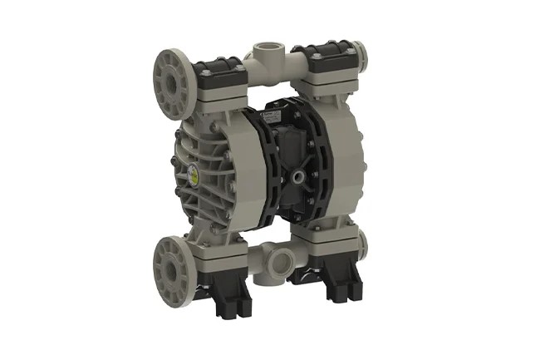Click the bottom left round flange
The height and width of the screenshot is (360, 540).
click(x=172, y=265)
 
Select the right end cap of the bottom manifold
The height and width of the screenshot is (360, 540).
click(x=364, y=242)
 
